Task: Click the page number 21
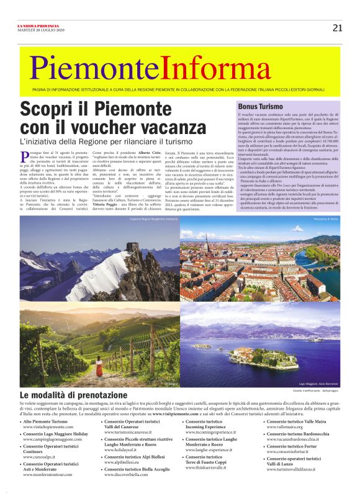tap(338, 27)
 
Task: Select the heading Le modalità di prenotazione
tap(74, 395)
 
